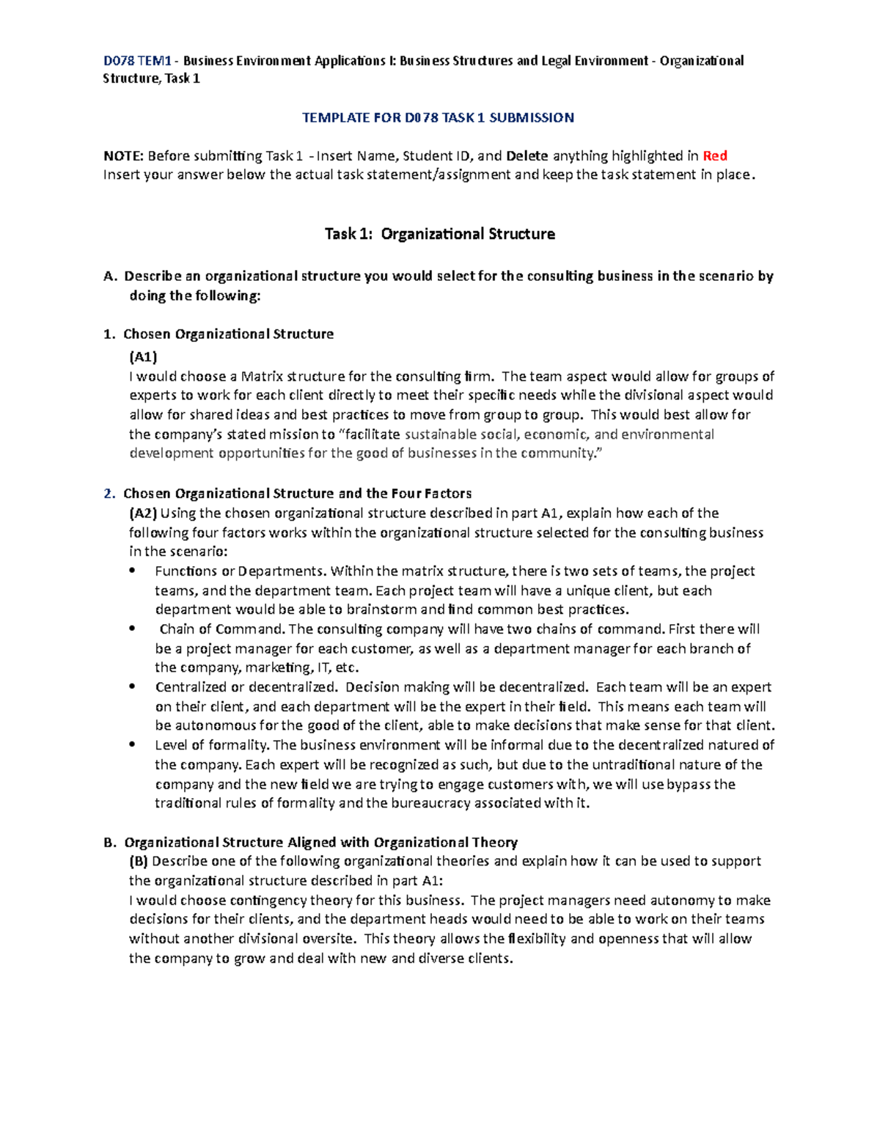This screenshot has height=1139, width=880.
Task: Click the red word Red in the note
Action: click(714, 155)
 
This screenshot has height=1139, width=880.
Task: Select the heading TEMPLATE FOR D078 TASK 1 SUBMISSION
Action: click(439, 117)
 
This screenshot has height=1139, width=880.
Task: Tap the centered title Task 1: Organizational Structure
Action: click(439, 234)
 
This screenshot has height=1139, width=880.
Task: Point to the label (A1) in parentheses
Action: click(143, 357)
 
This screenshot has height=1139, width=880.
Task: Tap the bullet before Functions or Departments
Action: click(132, 571)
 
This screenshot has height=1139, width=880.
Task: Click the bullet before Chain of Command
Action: click(132, 629)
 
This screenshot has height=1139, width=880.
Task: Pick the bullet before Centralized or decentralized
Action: click(132, 687)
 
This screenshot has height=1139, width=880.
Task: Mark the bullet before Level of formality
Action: click(132, 745)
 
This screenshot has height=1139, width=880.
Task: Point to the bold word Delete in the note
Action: click(527, 155)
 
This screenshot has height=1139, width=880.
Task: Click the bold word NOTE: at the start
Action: click(124, 155)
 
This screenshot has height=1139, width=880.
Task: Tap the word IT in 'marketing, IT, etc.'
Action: click(322, 667)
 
